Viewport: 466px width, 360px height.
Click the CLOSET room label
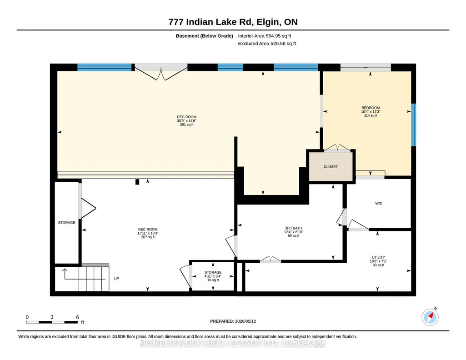[331, 167]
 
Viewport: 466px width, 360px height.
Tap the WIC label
[379, 203]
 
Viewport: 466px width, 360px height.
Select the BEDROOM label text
[371, 108]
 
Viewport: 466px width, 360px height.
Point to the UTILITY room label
[378, 257]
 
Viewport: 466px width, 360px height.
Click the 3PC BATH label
[293, 228]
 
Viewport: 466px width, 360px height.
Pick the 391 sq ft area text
[187, 125]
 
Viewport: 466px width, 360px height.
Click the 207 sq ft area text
[148, 237]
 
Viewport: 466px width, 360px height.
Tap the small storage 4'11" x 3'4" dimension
[213, 276]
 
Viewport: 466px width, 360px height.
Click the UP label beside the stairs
[116, 279]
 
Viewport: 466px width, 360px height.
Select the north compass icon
[430, 317]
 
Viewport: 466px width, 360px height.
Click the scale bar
[52, 322]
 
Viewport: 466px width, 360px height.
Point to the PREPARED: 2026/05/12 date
[233, 321]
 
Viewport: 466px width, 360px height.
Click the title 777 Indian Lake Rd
[210, 22]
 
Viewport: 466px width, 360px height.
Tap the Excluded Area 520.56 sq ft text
[267, 43]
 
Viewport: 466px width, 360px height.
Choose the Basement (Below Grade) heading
[204, 36]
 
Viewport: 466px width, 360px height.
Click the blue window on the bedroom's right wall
[413, 125]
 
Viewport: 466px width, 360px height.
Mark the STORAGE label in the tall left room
[66, 222]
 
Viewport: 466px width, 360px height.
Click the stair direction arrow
[84, 274]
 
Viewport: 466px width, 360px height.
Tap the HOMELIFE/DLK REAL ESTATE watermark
[233, 343]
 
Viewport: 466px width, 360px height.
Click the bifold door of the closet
[337, 148]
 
